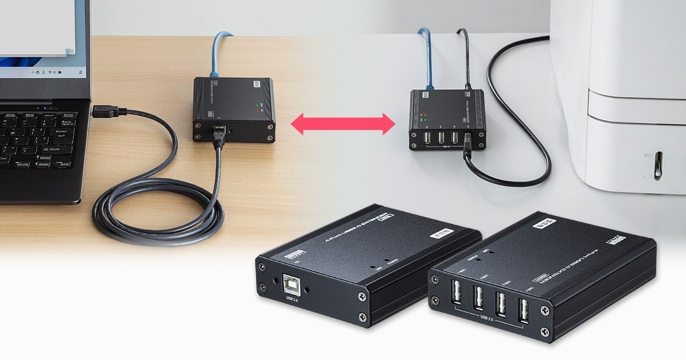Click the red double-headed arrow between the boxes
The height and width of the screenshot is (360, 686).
[343, 123]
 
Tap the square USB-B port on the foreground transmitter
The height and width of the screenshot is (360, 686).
[292, 284]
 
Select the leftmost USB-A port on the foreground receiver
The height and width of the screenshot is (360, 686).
[456, 295]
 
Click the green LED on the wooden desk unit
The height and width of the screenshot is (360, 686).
[258, 105]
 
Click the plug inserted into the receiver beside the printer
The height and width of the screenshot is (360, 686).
[467, 142]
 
